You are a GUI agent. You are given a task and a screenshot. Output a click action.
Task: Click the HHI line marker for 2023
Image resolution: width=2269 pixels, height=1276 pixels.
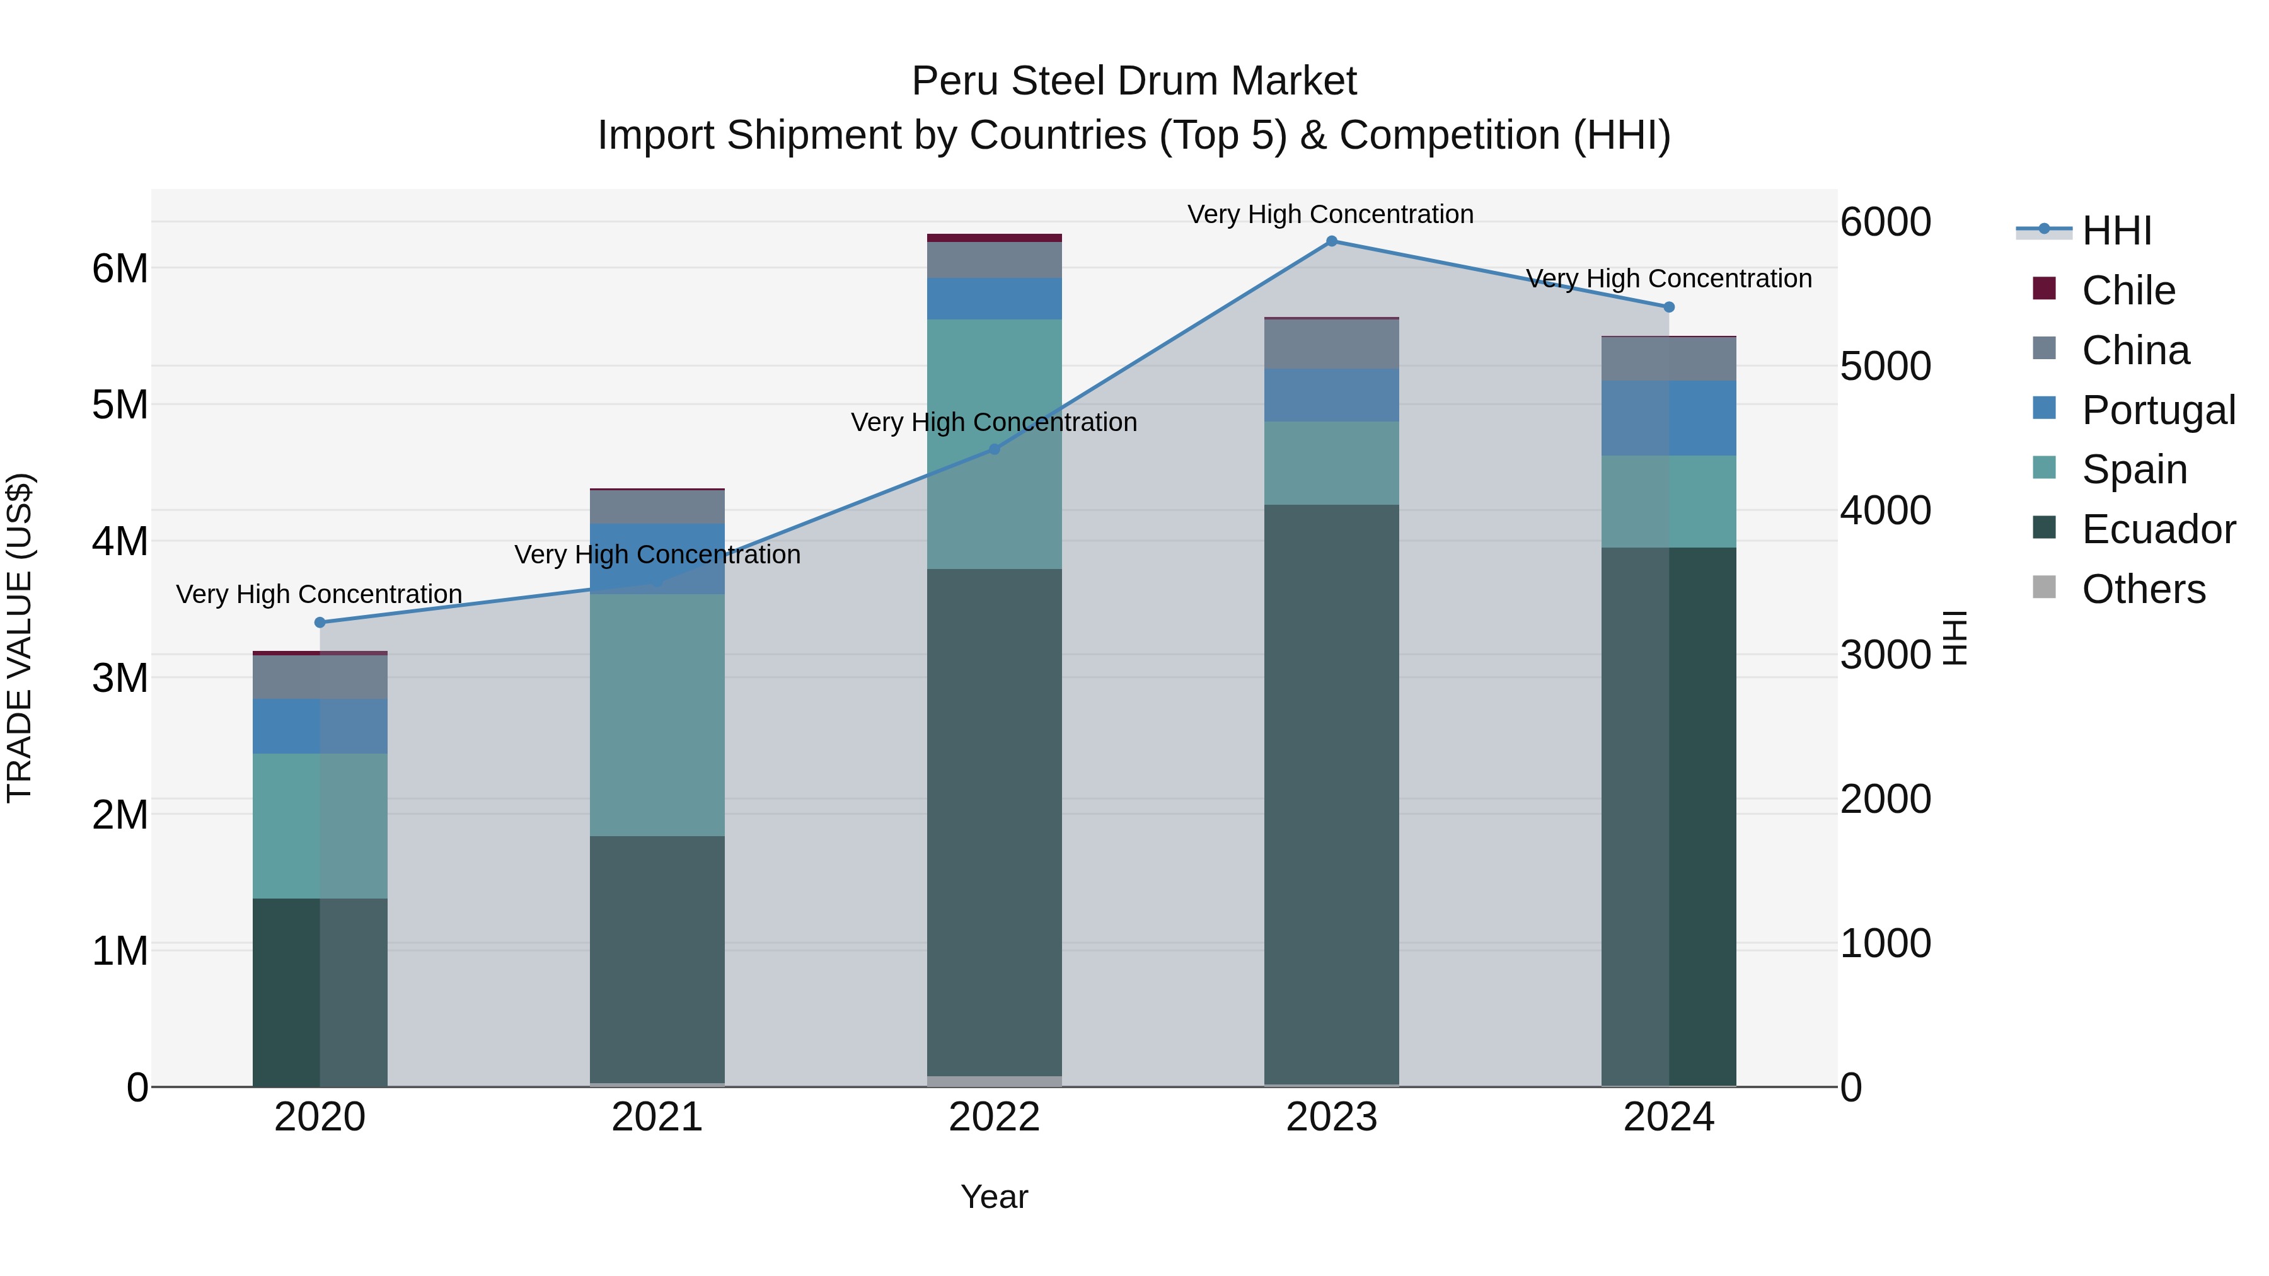coord(1331,241)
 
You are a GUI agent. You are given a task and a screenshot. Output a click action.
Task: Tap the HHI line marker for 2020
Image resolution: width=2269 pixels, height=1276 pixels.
coord(320,623)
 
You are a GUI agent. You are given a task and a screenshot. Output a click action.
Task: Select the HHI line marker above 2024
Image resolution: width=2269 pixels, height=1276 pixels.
coord(1668,308)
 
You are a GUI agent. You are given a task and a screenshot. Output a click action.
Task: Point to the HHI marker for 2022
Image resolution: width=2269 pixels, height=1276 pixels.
coord(995,449)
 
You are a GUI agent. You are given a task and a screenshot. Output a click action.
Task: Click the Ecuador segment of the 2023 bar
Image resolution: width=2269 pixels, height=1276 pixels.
coord(1331,793)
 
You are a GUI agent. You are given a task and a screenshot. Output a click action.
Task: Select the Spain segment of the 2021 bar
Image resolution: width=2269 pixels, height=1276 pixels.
coord(657,715)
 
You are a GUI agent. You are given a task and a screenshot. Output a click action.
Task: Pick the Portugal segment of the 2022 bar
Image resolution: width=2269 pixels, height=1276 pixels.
coord(995,299)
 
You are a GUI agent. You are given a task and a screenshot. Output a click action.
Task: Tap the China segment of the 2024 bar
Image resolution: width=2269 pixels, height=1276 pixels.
coord(1668,359)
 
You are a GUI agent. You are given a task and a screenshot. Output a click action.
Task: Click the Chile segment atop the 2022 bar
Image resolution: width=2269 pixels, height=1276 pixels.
coord(995,238)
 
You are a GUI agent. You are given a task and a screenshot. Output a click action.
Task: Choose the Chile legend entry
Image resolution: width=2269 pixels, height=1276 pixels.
coord(2128,290)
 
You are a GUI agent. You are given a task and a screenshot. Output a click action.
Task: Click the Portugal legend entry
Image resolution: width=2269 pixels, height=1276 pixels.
coord(2158,410)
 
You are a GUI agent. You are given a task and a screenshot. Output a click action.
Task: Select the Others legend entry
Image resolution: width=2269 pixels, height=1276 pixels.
coord(2143,589)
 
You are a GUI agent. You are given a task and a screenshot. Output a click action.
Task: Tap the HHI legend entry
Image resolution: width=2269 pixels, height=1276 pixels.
coord(2116,231)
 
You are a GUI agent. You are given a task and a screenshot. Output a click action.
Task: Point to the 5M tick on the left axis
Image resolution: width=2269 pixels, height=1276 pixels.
coord(120,405)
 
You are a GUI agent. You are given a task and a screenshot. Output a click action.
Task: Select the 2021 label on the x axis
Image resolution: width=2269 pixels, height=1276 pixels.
coord(657,1117)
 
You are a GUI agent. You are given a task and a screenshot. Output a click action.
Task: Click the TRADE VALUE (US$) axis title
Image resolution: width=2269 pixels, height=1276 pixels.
coord(20,638)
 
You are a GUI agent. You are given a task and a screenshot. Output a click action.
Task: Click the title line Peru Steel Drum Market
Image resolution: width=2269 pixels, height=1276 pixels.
coord(1134,81)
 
